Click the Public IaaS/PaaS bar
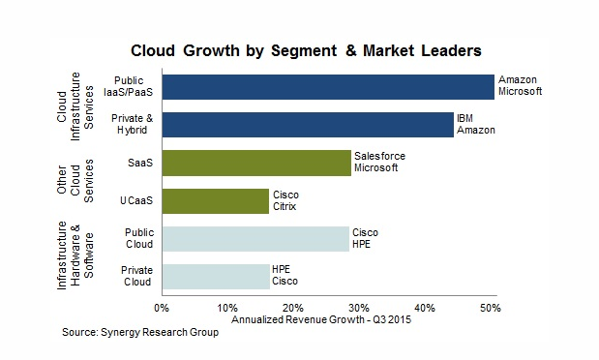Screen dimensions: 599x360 click(328, 87)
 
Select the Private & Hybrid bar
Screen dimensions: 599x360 click(308, 124)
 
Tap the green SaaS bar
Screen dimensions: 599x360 click(256, 163)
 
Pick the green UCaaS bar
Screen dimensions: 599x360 click(216, 200)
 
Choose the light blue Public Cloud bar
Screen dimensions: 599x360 click(255, 239)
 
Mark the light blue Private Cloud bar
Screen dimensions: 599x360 click(216, 277)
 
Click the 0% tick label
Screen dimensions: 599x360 click(162, 308)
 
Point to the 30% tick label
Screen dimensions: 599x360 click(359, 308)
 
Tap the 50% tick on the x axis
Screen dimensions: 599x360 click(491, 308)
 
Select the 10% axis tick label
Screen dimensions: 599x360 click(227, 308)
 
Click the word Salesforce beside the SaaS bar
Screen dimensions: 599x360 click(379, 156)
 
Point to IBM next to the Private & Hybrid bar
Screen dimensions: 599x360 click(464, 118)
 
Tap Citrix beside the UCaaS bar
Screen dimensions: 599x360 click(285, 206)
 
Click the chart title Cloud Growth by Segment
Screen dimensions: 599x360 click(234, 51)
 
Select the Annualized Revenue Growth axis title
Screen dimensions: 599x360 click(321, 319)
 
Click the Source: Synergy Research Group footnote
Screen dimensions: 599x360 click(140, 332)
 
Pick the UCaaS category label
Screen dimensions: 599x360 click(136, 200)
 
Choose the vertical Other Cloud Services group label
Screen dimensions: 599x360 click(75, 180)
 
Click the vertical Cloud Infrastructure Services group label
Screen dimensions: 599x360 click(75, 106)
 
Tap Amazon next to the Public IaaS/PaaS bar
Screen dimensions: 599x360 click(518, 80)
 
